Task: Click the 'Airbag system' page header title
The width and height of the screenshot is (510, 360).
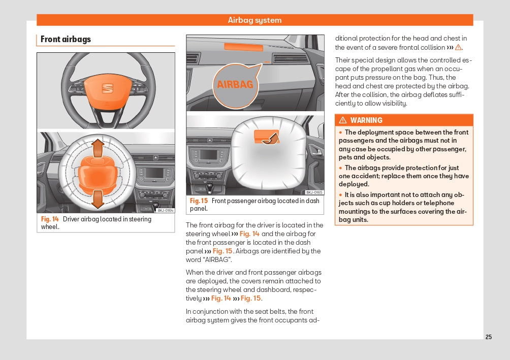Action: (254, 20)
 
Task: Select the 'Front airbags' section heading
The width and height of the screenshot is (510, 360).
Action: (66, 39)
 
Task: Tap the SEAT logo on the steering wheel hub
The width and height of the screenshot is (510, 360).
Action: (107, 88)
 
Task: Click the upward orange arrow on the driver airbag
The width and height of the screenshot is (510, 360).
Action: (98, 149)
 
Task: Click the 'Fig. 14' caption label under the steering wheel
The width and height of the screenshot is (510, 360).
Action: (50, 219)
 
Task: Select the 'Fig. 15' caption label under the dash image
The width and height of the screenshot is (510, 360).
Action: (199, 201)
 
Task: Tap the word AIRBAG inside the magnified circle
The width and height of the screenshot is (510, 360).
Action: (235, 85)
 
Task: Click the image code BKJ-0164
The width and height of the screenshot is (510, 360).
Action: (165, 210)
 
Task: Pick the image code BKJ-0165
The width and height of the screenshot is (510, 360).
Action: (314, 192)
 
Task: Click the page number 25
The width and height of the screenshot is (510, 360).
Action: (489, 337)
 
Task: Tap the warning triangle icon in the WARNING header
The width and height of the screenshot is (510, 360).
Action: (343, 120)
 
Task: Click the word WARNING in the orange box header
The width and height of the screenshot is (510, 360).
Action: (366, 120)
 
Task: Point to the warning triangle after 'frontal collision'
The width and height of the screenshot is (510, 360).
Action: (458, 48)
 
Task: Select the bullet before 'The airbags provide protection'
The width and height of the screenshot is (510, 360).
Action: (341, 168)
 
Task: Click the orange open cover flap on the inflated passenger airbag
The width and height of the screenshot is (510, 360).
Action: (265, 136)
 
